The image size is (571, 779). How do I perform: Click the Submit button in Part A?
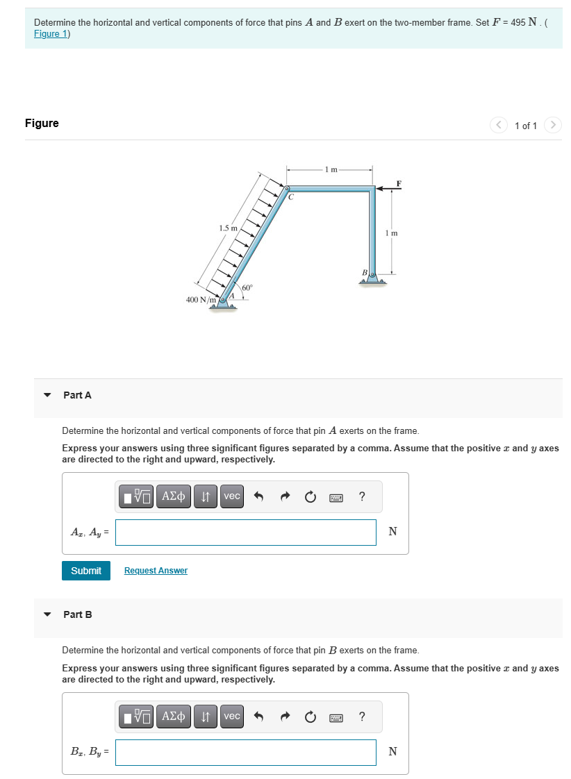coord(86,570)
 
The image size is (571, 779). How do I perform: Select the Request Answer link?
coord(156,570)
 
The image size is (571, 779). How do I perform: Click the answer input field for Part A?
coord(246,533)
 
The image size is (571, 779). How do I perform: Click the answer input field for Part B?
coord(246,753)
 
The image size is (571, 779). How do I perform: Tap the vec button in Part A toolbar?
coord(232,496)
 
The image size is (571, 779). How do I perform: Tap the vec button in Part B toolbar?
coord(232,716)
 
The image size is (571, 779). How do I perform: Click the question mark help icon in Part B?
coord(362,716)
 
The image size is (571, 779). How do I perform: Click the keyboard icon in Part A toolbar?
coord(336,496)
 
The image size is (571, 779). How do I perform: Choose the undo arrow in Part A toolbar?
coord(259,496)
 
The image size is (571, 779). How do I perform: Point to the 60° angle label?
coord(247,287)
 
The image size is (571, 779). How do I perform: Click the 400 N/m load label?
coord(201,300)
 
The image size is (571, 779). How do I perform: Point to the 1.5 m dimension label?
coord(227,228)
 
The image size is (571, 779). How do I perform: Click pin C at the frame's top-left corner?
coord(287,188)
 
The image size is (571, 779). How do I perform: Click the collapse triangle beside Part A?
coord(47,395)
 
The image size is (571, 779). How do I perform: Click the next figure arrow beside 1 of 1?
coord(552,125)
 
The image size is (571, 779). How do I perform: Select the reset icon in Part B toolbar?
coord(311,716)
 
